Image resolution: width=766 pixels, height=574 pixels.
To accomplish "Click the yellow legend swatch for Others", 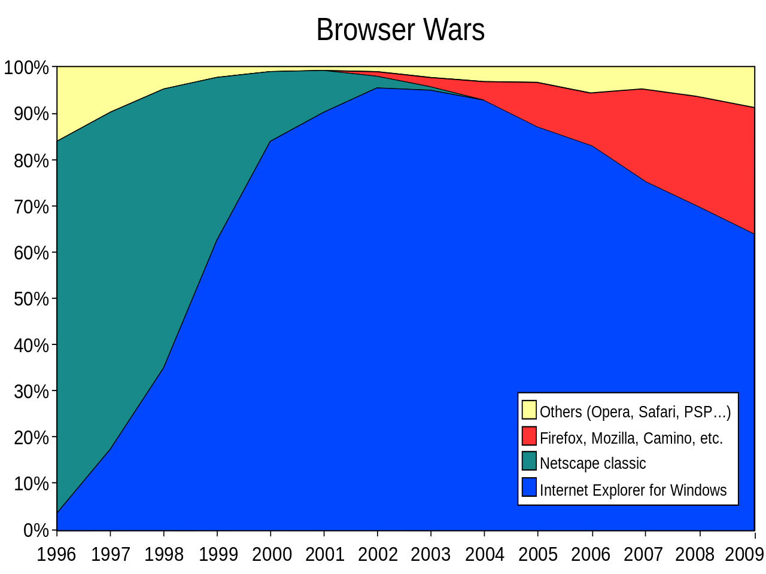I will [x=529, y=410].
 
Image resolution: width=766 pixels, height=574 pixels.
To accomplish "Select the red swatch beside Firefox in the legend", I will [x=529, y=436].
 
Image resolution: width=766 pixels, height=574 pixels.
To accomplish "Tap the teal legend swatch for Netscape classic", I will [x=529, y=461].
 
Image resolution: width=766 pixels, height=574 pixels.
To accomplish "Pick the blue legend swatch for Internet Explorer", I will [x=529, y=487].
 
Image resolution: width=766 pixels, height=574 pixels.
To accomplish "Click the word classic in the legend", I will [x=625, y=463].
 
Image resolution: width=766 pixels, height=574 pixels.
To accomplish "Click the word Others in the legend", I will [x=561, y=413].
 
